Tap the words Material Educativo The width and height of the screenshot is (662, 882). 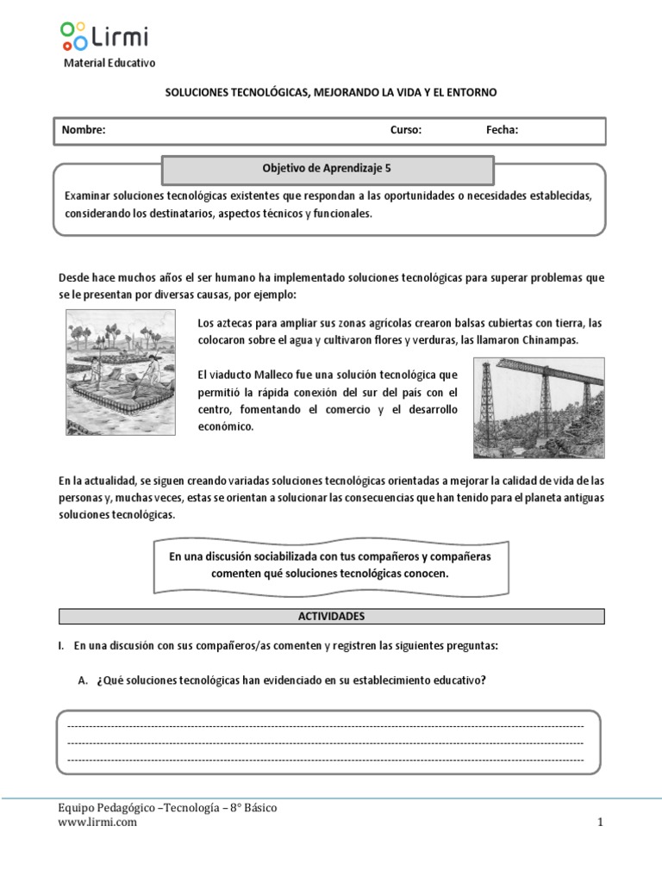coord(110,64)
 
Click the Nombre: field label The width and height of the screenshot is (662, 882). coord(83,130)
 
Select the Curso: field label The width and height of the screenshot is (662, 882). coord(406,130)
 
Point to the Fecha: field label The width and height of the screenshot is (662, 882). coord(502,130)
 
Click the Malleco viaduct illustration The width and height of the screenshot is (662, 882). coord(539,408)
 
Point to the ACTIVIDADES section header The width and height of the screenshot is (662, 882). coord(331,617)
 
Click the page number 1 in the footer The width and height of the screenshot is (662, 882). coord(601,823)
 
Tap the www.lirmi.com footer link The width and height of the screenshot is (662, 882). coord(97,823)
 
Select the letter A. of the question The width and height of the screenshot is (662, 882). coord(84,680)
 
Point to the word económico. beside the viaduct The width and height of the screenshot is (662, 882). coord(226,425)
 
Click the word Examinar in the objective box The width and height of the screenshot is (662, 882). coord(88,196)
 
